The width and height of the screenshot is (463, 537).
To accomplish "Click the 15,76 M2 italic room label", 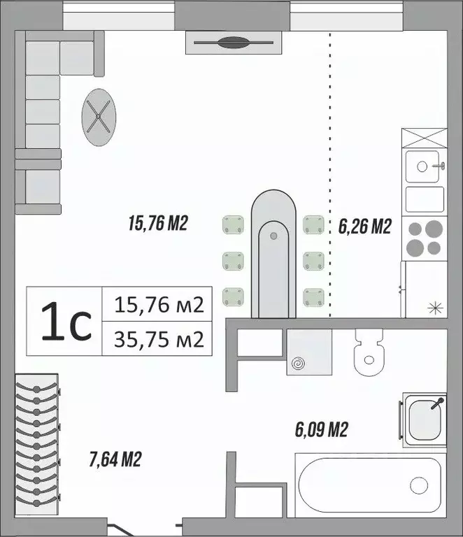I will [x=159, y=224].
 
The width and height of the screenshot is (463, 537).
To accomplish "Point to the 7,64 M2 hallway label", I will [x=116, y=459].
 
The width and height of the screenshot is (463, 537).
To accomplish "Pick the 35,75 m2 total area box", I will [x=158, y=340].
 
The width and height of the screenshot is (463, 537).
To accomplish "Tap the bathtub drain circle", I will [x=419, y=485].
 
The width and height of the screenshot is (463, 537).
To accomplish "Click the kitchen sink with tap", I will [x=424, y=166].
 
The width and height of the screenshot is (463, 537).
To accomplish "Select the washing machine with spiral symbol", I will [x=309, y=354].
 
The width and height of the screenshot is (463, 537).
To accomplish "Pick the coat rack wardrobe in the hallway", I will [x=37, y=441].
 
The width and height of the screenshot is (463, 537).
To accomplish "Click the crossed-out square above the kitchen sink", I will [x=425, y=138].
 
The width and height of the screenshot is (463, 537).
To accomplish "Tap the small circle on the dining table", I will [x=274, y=236].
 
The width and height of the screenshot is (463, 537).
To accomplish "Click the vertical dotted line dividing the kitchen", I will [x=330, y=175].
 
